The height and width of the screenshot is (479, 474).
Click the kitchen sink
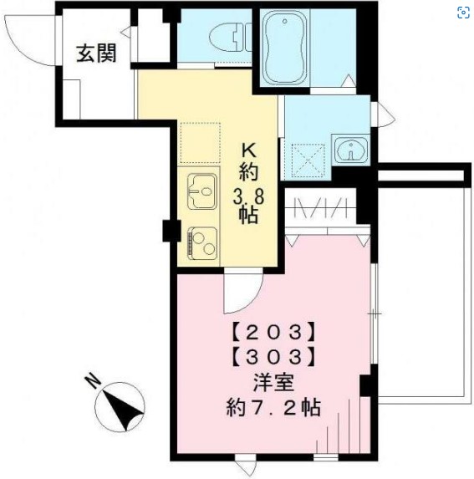(x=201, y=193)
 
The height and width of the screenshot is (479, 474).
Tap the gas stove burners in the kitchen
(x=201, y=242)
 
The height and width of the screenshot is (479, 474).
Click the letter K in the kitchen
(x=248, y=151)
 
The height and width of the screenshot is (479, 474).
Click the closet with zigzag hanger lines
(x=321, y=209)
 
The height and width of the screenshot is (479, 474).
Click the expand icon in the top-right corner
(x=462, y=12)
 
